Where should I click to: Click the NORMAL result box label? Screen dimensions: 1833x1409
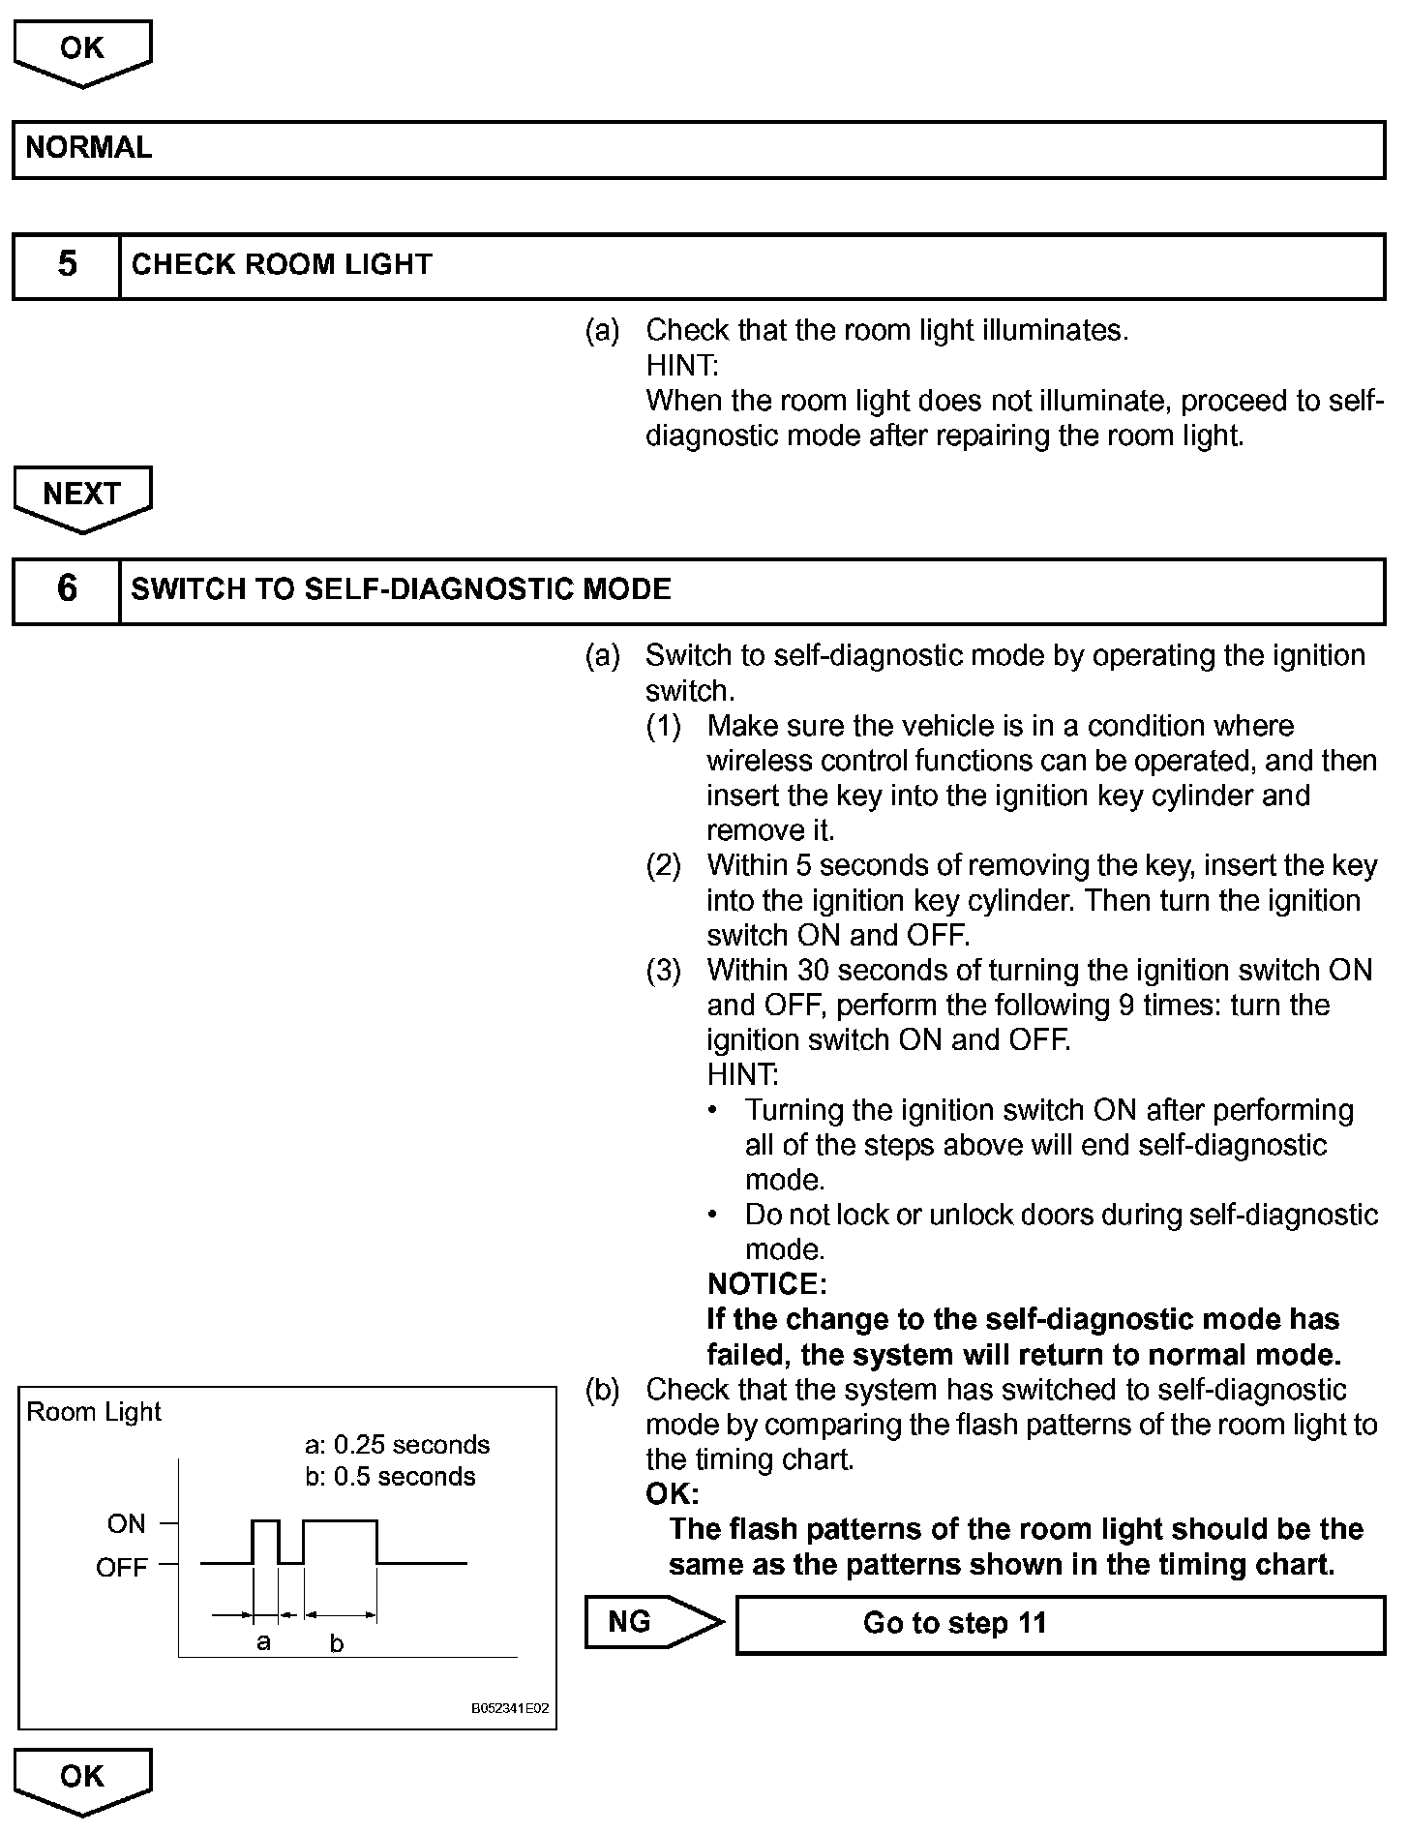pyautogui.click(x=89, y=148)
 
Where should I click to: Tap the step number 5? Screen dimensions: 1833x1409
pyautogui.click(x=67, y=264)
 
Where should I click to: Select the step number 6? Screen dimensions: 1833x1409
pyautogui.click(x=67, y=588)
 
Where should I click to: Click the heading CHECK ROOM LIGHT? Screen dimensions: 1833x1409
pyautogui.click(x=282, y=264)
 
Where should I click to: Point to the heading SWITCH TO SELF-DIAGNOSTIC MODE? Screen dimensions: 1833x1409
pyautogui.click(x=401, y=589)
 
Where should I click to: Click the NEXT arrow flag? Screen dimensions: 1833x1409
pyautogui.click(x=82, y=496)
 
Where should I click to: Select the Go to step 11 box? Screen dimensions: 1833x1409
pyautogui.click(x=1060, y=1623)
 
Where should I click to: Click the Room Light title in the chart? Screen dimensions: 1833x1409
pyautogui.click(x=94, y=1412)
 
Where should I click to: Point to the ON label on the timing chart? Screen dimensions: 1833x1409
pyautogui.click(x=127, y=1524)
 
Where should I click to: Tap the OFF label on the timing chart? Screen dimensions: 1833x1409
pyautogui.click(x=122, y=1568)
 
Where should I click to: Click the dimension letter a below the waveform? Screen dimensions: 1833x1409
pyautogui.click(x=263, y=1642)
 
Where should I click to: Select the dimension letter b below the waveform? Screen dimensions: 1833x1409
pyautogui.click(x=337, y=1643)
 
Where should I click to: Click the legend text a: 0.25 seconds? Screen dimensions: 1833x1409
pyautogui.click(x=397, y=1445)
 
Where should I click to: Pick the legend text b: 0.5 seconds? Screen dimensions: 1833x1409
pyautogui.click(x=390, y=1477)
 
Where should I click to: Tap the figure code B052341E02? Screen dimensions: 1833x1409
pyautogui.click(x=510, y=1708)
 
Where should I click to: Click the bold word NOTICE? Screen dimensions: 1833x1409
pyautogui.click(x=766, y=1284)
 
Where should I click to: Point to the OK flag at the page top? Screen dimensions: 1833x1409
pyautogui.click(x=82, y=50)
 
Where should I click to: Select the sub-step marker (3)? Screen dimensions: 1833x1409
pyautogui.click(x=664, y=970)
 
